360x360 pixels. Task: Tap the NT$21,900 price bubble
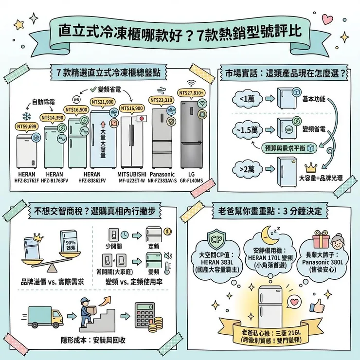(103, 102)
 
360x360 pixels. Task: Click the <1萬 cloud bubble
(247, 99)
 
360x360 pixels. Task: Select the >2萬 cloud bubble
(248, 169)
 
